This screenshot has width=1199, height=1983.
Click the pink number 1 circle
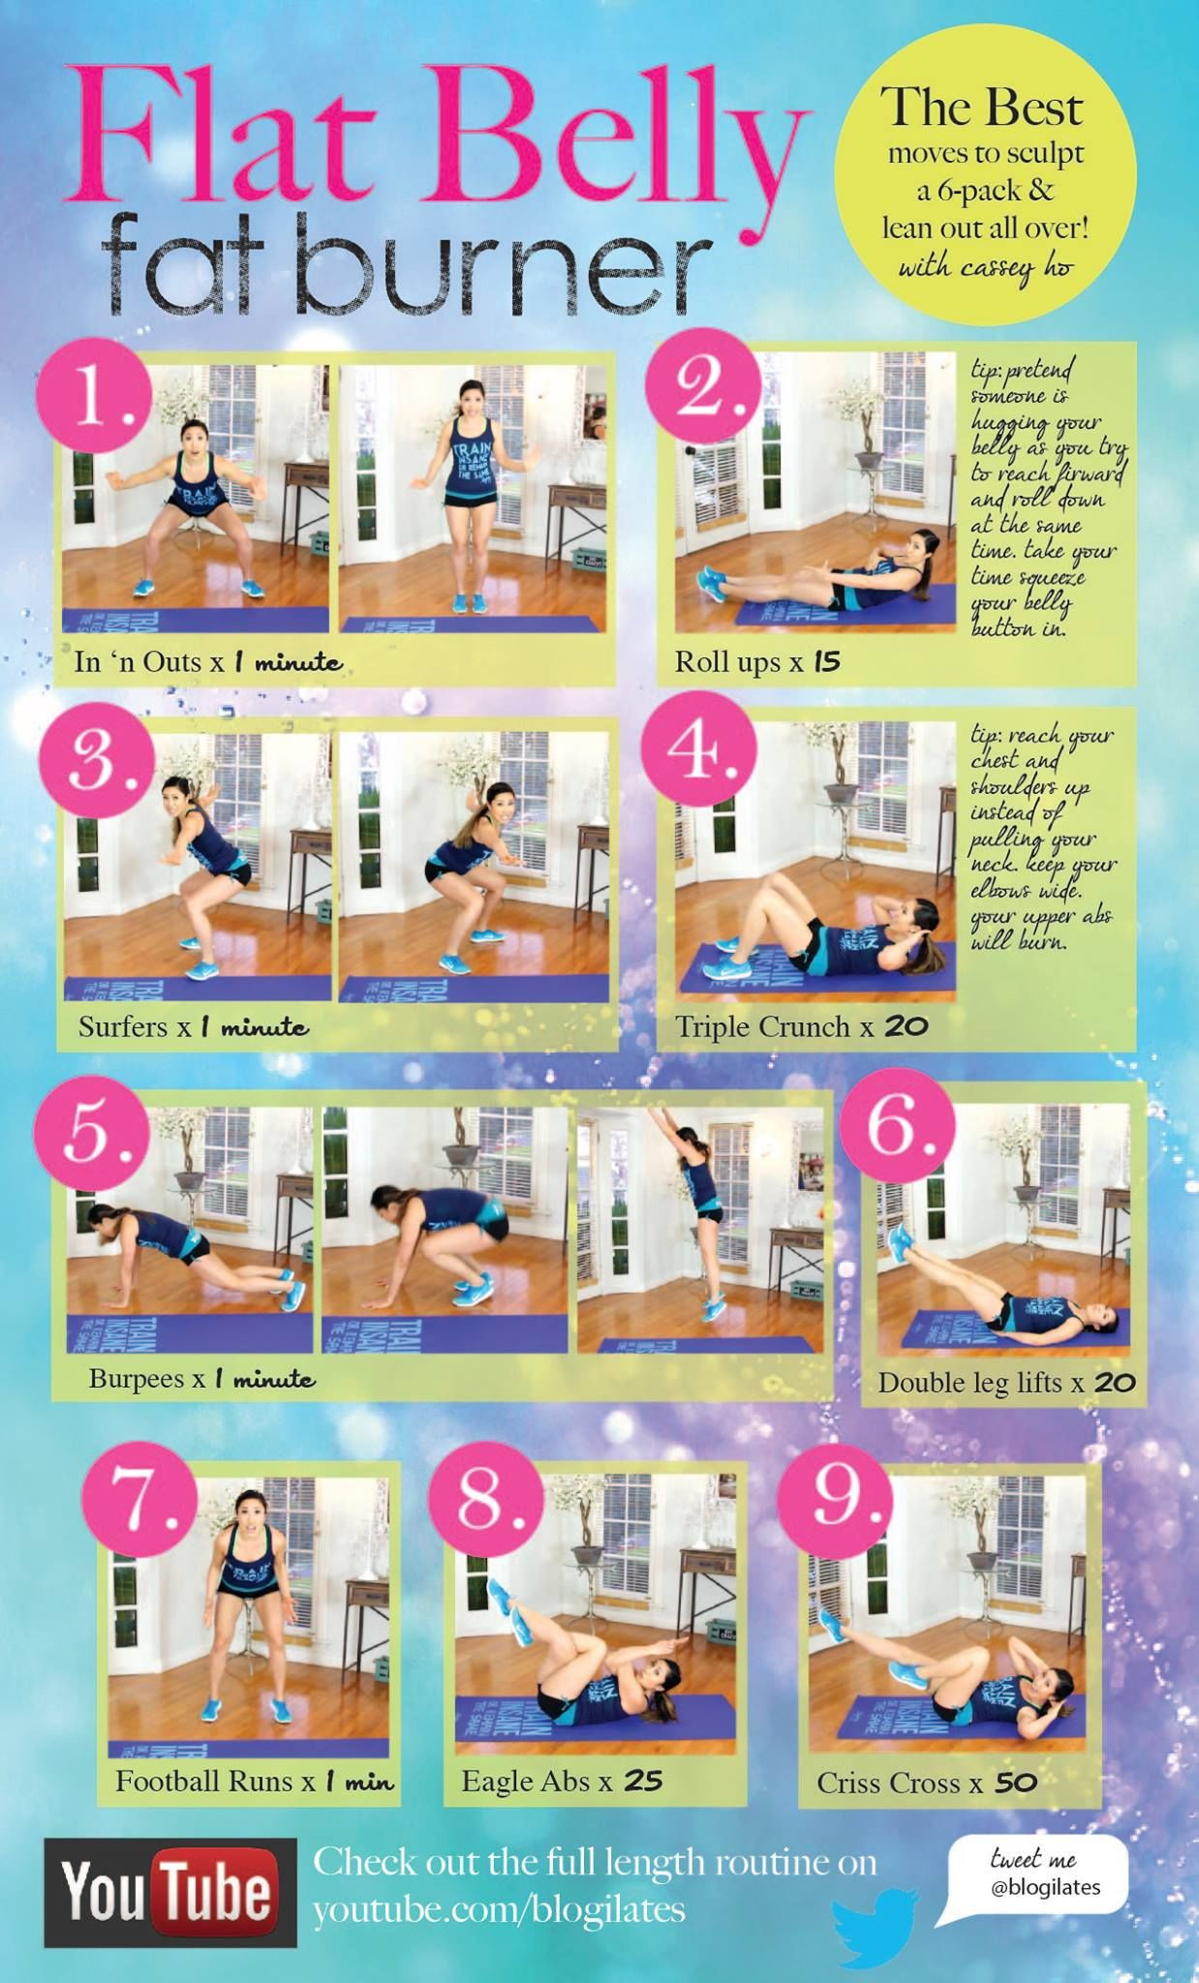click(x=94, y=399)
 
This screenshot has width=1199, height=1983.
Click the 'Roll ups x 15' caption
click(x=757, y=662)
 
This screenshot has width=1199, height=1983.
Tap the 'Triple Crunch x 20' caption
click(x=801, y=1026)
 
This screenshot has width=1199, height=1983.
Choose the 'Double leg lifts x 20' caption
click(x=1006, y=1383)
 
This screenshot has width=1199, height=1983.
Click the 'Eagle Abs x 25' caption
click(x=562, y=1781)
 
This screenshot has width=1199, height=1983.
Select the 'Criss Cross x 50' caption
click(x=927, y=1783)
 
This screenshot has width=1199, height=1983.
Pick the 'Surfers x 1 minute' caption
click(x=194, y=1026)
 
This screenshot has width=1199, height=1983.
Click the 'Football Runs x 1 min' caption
click(x=255, y=1781)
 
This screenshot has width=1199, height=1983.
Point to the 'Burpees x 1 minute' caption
click(x=201, y=1378)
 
